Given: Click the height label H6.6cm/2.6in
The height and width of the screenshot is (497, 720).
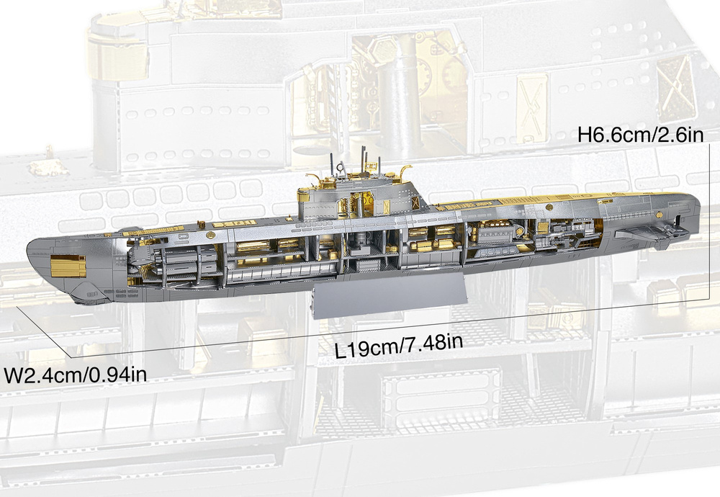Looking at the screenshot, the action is click(641, 135).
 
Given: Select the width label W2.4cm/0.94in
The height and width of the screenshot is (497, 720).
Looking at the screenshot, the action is click(75, 375).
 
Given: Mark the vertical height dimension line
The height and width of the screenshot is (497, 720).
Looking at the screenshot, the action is click(711, 220).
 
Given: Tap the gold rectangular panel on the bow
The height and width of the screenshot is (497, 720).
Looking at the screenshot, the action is click(68, 266).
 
